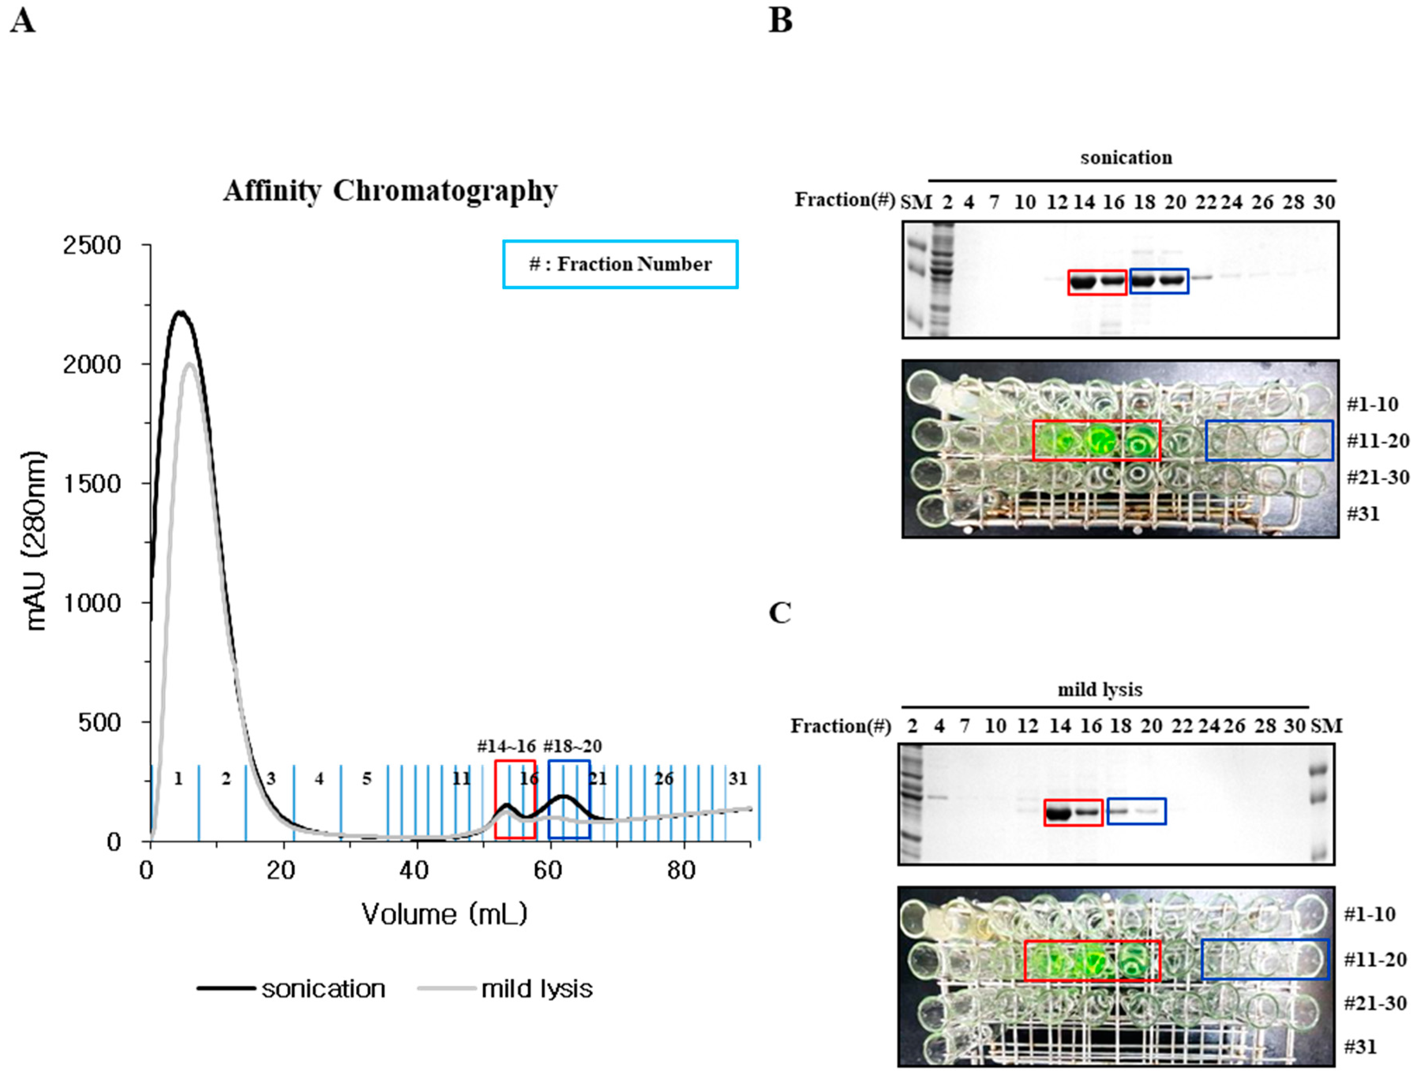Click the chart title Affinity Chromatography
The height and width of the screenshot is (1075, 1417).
tap(390, 191)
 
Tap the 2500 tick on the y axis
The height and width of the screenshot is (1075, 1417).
tap(92, 245)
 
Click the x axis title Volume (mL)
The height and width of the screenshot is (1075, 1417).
tap(444, 914)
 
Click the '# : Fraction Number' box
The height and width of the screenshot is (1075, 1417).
tap(620, 264)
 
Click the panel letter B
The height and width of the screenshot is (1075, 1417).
tap(780, 21)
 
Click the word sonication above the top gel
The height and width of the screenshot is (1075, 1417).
tap(1126, 157)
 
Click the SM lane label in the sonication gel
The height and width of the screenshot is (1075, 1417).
tap(915, 202)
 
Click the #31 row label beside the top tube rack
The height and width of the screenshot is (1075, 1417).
tap(1363, 514)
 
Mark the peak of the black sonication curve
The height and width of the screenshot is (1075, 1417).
tap(181, 312)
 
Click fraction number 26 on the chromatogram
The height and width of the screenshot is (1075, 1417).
tap(664, 779)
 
